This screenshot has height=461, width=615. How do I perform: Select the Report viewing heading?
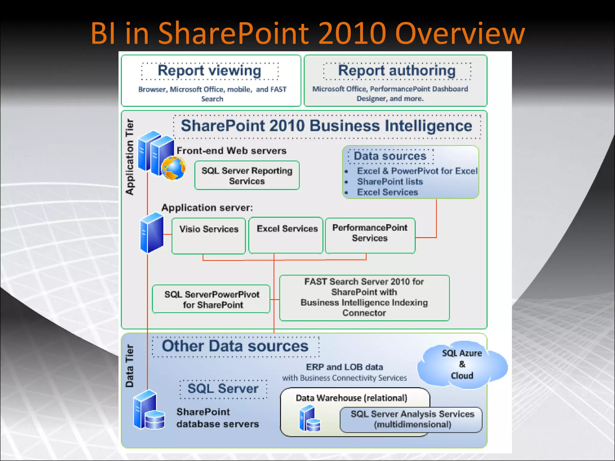coord(209,71)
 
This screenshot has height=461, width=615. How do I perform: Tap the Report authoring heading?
coord(397,71)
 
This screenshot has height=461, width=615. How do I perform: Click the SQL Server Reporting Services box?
coord(247,176)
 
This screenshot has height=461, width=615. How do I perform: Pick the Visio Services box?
coord(209,236)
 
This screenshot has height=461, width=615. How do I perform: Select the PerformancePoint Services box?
coord(370,236)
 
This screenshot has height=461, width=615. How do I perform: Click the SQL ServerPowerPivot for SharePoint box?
coord(211,299)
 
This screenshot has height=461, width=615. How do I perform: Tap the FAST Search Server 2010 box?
coord(364,297)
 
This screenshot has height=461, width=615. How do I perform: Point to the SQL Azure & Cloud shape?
coord(462,364)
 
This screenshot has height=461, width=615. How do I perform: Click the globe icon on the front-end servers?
coord(174,168)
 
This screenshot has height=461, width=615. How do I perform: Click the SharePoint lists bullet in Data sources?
coord(389,182)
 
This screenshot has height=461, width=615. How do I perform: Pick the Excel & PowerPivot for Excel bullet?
coord(417,171)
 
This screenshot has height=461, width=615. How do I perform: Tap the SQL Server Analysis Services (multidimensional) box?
coord(412,419)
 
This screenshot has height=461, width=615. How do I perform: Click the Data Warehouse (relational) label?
coord(351,398)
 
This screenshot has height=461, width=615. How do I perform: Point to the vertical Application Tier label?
coord(130,157)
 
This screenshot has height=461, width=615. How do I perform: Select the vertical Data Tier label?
coord(129,366)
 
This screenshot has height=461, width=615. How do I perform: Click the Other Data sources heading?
coord(235,346)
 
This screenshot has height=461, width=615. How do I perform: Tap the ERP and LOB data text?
coord(344,367)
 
